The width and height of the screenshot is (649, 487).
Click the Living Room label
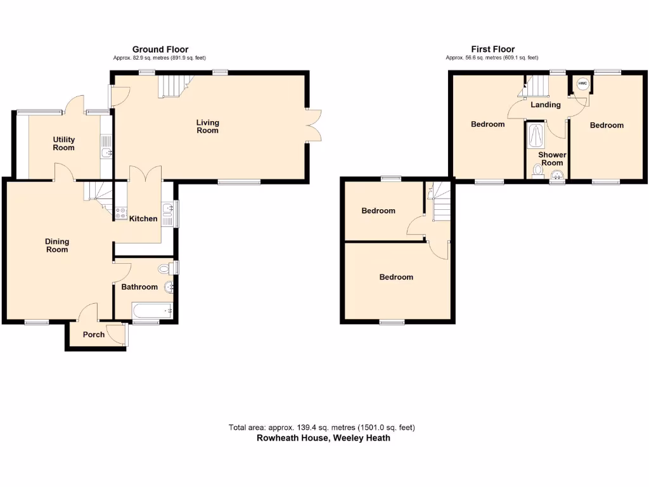(x=207, y=126)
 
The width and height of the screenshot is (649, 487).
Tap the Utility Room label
(x=63, y=143)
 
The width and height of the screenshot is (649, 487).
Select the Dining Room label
(x=56, y=245)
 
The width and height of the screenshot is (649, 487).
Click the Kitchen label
(x=143, y=219)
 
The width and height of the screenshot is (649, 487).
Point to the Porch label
(x=94, y=334)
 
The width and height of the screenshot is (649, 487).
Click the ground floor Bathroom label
(x=139, y=287)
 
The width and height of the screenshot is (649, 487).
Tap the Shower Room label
(x=552, y=159)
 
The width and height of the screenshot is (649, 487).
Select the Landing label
(x=545, y=105)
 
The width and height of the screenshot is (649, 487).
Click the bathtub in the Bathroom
(x=152, y=311)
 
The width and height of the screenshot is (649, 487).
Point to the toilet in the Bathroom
(x=166, y=268)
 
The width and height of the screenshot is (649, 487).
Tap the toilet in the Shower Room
(x=539, y=169)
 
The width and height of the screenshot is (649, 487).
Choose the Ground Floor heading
(x=160, y=49)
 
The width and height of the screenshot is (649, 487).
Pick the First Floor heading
(x=492, y=49)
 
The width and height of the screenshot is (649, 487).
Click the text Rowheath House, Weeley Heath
(x=323, y=438)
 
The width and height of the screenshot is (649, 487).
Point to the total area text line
(x=323, y=427)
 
